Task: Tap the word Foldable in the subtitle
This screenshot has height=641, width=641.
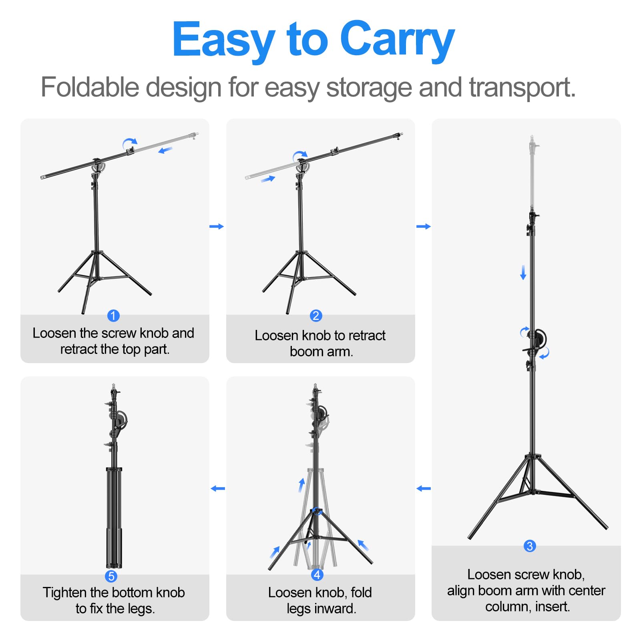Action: [91, 87]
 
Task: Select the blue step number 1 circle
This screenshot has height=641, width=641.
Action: [113, 315]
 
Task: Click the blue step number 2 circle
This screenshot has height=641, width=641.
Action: [316, 315]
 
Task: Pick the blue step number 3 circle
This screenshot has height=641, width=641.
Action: [530, 546]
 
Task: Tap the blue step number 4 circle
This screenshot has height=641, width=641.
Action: [317, 575]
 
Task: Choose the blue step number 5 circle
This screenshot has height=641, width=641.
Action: [111, 576]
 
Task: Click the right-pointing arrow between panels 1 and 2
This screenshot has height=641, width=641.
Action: [217, 227]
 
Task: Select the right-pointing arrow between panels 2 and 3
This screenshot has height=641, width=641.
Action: [424, 227]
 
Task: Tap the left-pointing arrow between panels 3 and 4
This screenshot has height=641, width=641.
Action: [424, 488]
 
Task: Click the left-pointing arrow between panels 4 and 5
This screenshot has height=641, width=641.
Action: [218, 488]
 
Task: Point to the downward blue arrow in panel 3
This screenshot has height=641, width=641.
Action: [523, 272]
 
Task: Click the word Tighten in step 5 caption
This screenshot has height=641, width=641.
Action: [65, 593]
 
